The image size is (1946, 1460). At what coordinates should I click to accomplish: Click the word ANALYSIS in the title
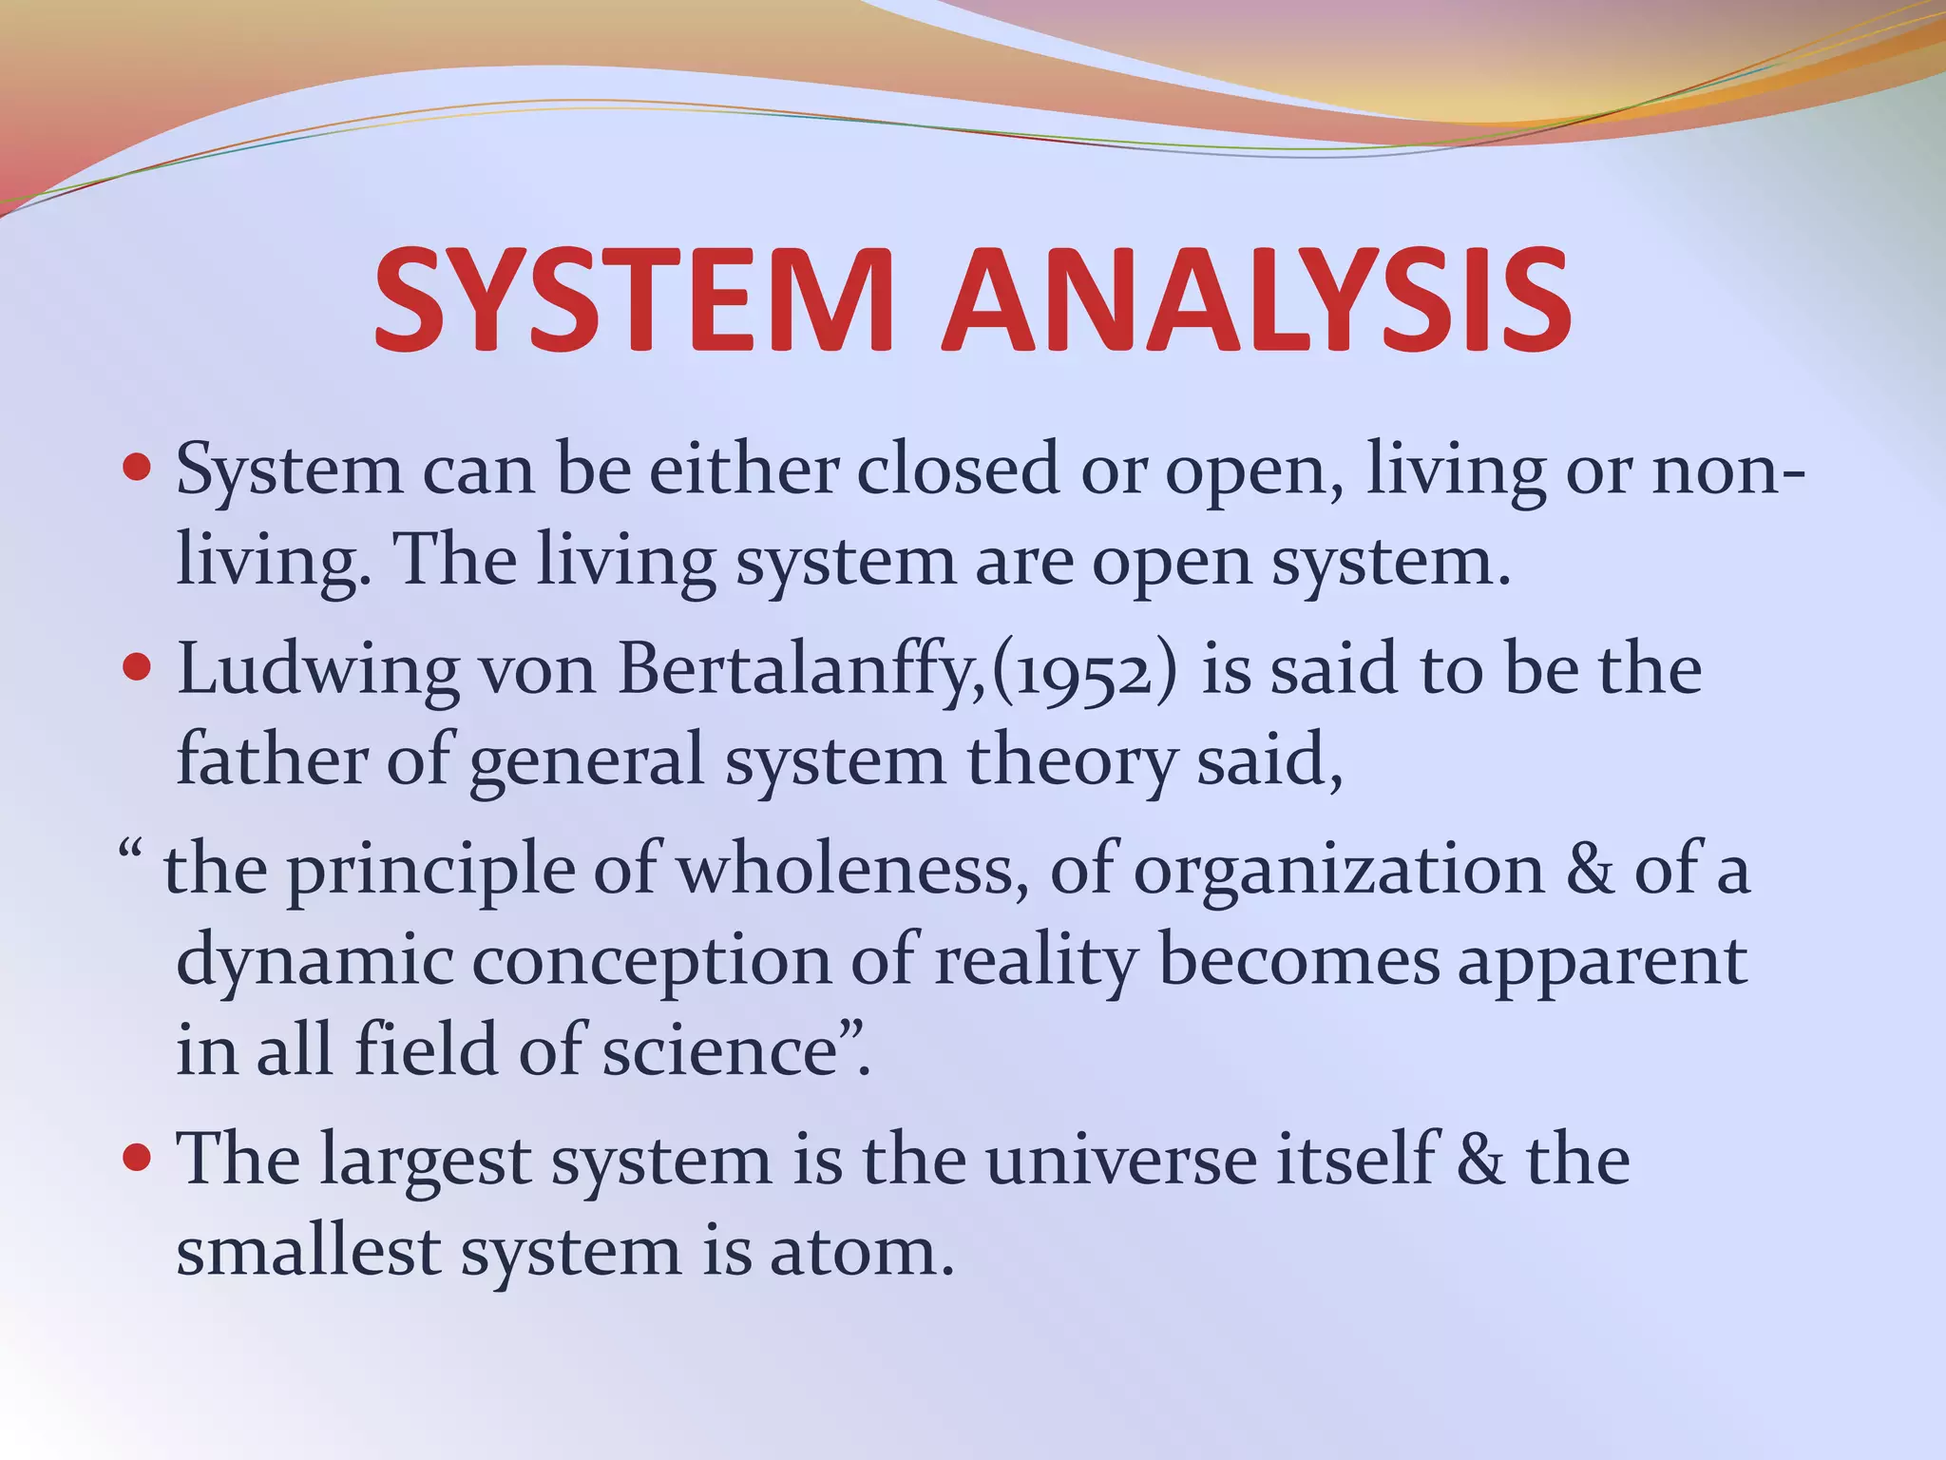[x=1256, y=299]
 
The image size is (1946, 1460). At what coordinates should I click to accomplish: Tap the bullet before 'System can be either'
[x=139, y=469]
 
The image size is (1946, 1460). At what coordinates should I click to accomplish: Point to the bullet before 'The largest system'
[x=139, y=1159]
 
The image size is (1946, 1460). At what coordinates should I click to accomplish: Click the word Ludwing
[x=318, y=670]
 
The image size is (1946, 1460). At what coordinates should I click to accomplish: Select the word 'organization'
[x=1339, y=869]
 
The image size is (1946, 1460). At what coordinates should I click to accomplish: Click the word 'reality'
[x=1036, y=960]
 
